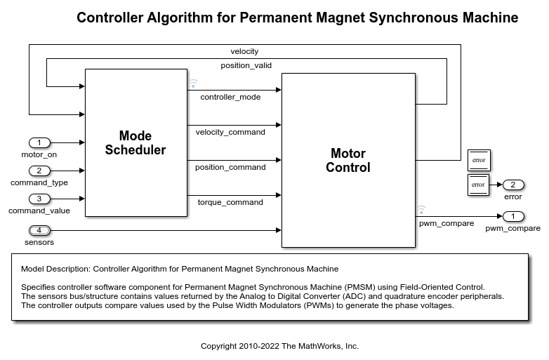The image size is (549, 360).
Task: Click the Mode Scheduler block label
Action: point(135,142)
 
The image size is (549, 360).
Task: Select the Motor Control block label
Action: point(348,160)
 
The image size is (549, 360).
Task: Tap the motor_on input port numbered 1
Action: point(39,142)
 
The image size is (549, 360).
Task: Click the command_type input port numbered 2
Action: point(39,171)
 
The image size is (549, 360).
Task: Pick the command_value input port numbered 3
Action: point(39,199)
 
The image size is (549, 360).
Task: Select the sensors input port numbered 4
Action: point(39,230)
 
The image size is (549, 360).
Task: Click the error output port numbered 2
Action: point(513,185)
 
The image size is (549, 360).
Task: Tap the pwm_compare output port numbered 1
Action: point(513,217)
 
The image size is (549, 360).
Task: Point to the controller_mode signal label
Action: point(230,98)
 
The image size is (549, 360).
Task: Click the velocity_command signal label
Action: point(230,132)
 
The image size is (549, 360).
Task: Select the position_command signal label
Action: point(230,167)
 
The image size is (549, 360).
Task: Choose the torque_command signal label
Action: point(230,202)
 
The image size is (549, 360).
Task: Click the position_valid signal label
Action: point(246,65)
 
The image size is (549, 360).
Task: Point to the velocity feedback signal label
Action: point(244,51)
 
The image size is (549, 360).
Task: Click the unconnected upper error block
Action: point(479,160)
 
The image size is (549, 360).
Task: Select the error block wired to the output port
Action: point(478,185)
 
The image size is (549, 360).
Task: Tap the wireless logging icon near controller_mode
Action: point(193,84)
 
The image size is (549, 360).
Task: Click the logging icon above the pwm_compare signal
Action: point(421,211)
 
